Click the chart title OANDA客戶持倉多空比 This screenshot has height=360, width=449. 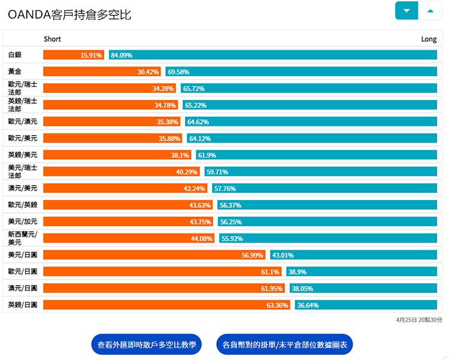click(x=69, y=14)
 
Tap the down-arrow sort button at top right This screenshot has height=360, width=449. click(x=406, y=11)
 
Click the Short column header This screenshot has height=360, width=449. click(x=52, y=39)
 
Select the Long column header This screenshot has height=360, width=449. click(x=429, y=39)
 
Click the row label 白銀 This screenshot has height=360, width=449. click(x=15, y=55)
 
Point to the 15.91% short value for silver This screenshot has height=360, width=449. click(x=92, y=55)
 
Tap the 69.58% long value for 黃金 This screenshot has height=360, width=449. click(x=178, y=72)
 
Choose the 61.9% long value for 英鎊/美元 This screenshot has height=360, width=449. click(x=207, y=155)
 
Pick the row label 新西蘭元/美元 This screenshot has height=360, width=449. click(x=23, y=238)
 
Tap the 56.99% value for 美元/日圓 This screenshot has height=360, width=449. click(x=252, y=255)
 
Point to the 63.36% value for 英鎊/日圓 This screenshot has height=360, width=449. click(x=277, y=305)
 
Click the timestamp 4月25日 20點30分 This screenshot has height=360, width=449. click(x=419, y=320)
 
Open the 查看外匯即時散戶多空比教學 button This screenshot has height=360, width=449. click(x=146, y=345)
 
